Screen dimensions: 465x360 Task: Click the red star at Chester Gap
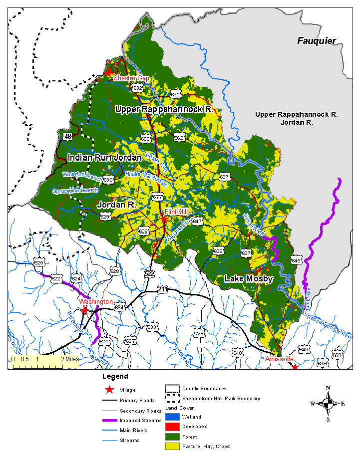pyautogui.click(x=108, y=73)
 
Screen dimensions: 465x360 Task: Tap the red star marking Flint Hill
pyautogui.click(x=163, y=219)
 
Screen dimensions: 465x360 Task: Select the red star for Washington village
pyautogui.click(x=85, y=309)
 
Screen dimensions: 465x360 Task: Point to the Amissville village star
pyautogui.click(x=295, y=367)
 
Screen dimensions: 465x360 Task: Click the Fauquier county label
pyautogui.click(x=317, y=41)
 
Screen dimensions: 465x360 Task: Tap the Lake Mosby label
pyautogui.click(x=248, y=278)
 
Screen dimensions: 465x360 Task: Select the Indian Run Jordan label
pyautogui.click(x=105, y=158)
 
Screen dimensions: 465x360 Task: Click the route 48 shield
pyautogui.click(x=68, y=136)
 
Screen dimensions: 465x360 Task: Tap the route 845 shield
pyautogui.click(x=296, y=260)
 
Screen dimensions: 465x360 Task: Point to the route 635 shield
pyautogui.click(x=175, y=94)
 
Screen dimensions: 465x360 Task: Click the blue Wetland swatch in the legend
pyautogui.click(x=173, y=417)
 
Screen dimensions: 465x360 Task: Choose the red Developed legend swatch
pyautogui.click(x=173, y=427)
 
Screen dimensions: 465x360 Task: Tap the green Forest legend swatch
pyautogui.click(x=173, y=437)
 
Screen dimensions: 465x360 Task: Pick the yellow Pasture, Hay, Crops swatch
pyautogui.click(x=173, y=447)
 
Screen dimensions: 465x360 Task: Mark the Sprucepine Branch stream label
pyautogui.click(x=75, y=191)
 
